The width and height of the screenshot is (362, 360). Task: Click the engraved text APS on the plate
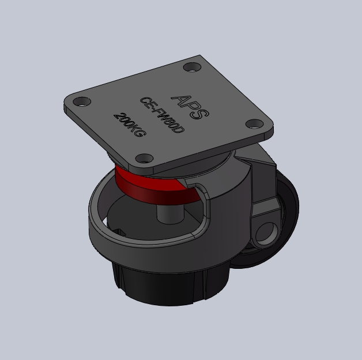(x=190, y=107)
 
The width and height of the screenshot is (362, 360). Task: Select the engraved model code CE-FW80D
(x=163, y=115)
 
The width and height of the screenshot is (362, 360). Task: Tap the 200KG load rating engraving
(x=130, y=125)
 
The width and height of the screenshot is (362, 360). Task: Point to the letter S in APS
(x=201, y=114)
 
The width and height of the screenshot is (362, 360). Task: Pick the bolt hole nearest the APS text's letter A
(x=192, y=67)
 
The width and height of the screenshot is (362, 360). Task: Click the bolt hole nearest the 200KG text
(x=82, y=102)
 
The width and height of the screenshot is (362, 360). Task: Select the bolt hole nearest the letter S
(x=255, y=124)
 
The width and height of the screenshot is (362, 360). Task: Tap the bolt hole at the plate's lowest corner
(x=144, y=158)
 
